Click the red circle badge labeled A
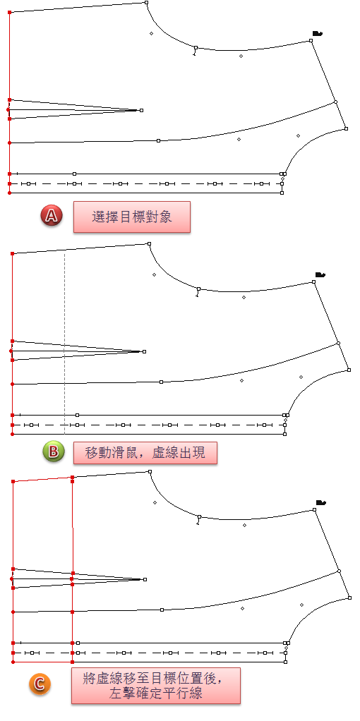click(51, 216)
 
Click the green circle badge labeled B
click(54, 452)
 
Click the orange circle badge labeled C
click(40, 684)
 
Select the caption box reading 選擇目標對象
click(132, 217)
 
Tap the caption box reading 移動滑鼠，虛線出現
click(145, 453)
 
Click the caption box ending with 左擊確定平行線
click(155, 686)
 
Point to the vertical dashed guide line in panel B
click(64, 343)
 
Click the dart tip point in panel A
click(141, 110)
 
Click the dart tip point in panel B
click(145, 352)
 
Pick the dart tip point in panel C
click(145, 579)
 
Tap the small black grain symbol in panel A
click(317, 33)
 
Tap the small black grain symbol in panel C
click(321, 502)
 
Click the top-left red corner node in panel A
click(10, 12)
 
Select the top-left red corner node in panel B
click(13, 253)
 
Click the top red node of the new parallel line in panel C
click(72, 478)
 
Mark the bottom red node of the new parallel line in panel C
click(72, 662)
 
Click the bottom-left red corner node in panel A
click(10, 193)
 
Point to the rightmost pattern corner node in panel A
click(347, 128)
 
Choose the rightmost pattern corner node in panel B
click(349, 370)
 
